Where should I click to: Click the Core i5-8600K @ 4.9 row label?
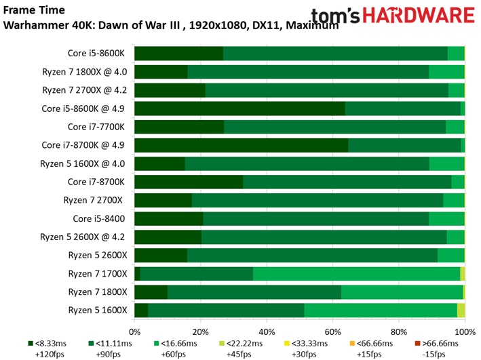tap(84, 108)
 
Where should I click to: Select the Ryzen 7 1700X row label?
tap(97, 273)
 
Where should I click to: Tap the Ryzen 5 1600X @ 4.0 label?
tap(84, 163)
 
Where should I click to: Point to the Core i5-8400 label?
tap(100, 218)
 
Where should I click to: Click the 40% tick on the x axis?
tap(267, 332)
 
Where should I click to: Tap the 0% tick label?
tap(134, 332)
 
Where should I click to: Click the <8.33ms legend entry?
tap(53, 344)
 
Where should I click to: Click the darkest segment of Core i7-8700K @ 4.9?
tap(241, 145)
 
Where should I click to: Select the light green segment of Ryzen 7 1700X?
tap(356, 273)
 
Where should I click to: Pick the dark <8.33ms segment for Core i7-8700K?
tap(189, 182)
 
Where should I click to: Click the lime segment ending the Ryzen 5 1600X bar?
tap(461, 310)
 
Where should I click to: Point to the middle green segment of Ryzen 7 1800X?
tap(254, 292)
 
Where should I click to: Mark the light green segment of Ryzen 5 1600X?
tap(381, 310)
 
